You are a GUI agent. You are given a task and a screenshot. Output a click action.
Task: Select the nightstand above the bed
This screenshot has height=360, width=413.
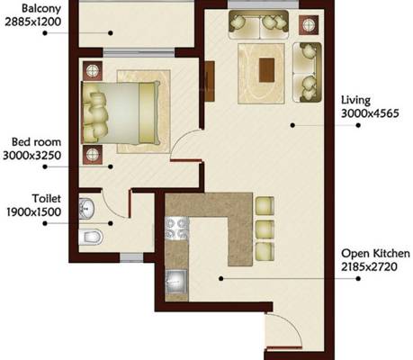pos(92,68)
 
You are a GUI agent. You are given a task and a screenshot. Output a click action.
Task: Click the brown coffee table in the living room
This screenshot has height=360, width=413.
pos(265,68)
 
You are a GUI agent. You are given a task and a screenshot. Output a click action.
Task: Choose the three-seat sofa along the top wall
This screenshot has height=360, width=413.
pos(261,26)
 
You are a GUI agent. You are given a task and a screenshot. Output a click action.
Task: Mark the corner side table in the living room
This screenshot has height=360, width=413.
pos(309,25)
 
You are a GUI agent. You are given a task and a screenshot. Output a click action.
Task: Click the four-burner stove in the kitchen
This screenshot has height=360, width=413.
pos(175,229)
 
